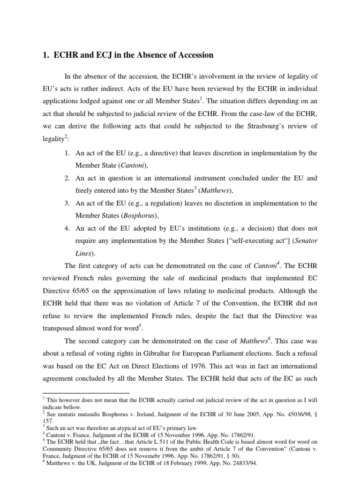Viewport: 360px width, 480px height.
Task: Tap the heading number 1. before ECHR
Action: click(x=46, y=55)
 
